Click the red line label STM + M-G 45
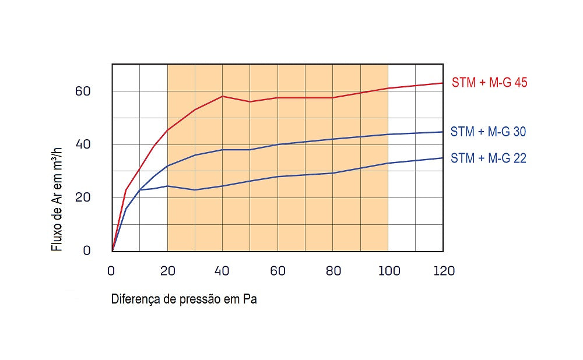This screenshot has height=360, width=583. (489, 83)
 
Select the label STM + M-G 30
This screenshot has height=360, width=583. (488, 132)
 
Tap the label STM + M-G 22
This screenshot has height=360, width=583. (488, 158)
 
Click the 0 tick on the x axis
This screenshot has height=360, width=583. (112, 271)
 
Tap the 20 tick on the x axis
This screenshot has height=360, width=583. (167, 271)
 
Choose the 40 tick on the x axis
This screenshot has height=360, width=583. (223, 271)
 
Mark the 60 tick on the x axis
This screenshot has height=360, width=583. (278, 271)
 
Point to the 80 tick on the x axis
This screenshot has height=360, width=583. (333, 271)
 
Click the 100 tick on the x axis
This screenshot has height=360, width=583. (388, 271)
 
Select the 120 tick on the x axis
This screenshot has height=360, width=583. (443, 271)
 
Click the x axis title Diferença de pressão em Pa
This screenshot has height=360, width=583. (184, 300)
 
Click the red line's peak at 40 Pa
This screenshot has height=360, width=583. (223, 96)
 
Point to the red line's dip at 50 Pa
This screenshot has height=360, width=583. (250, 102)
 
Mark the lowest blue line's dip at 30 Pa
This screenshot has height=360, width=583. (195, 190)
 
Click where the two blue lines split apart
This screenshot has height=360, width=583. (140, 190)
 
